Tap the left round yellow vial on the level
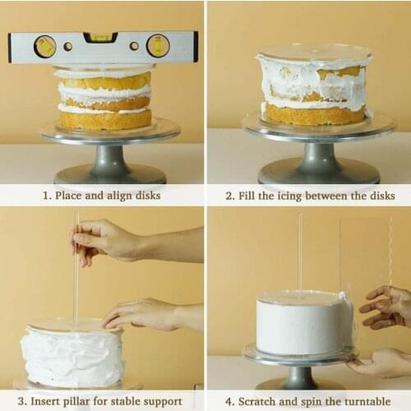tap(45, 46)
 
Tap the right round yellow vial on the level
tap(158, 46)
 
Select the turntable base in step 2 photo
tap(318, 169)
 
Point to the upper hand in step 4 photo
tap(388, 306)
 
